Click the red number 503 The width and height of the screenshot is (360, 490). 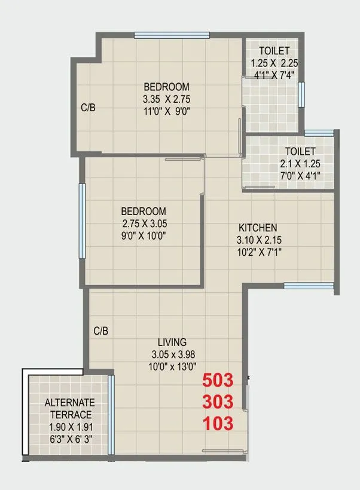[218, 380]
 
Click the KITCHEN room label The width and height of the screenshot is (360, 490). [258, 228]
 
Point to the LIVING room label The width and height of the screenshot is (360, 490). [172, 342]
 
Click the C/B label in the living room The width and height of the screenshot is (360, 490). [100, 330]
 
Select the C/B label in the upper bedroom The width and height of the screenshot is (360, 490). [89, 109]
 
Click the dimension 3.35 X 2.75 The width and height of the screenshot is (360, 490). [166, 99]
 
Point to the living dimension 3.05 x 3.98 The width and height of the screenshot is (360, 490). [172, 354]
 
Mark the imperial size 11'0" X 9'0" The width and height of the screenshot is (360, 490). [166, 111]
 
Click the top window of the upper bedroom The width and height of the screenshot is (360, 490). [172, 35]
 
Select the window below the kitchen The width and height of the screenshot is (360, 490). [308, 286]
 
